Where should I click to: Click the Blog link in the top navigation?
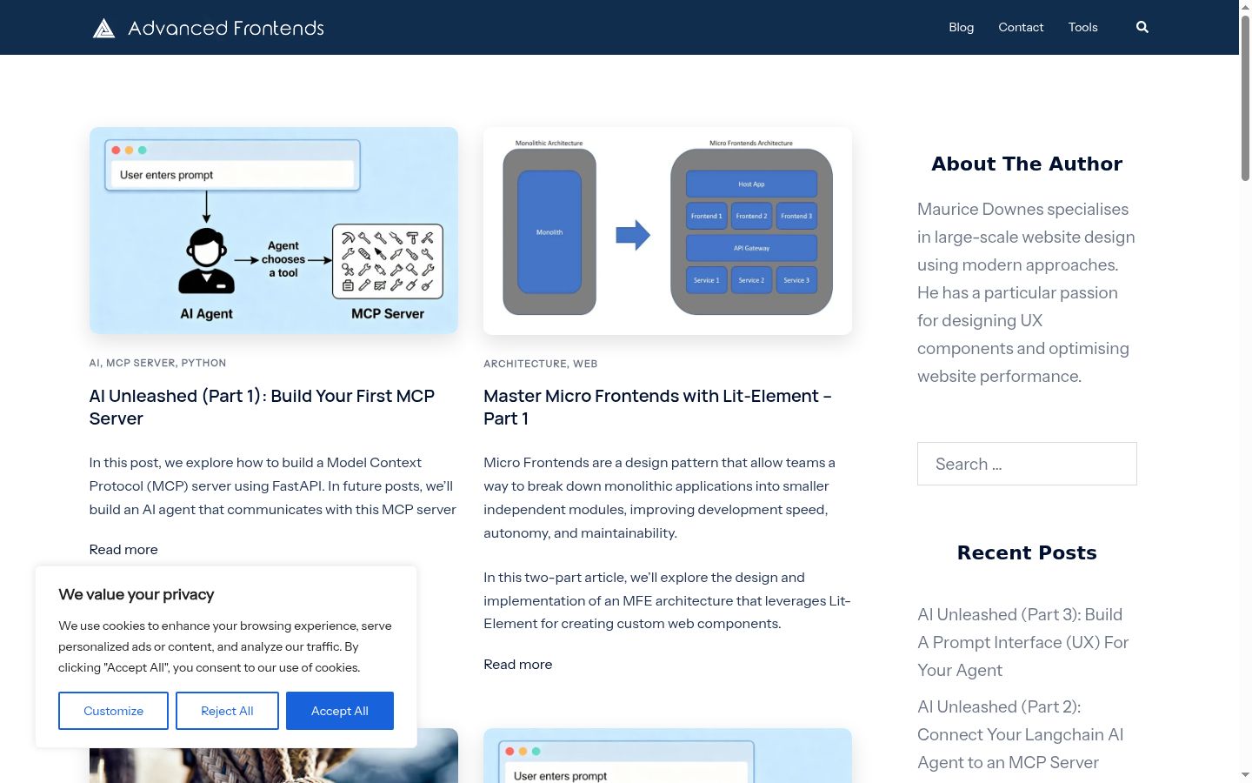pyautogui.click(x=961, y=27)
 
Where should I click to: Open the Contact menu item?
pyautogui.click(x=1021, y=27)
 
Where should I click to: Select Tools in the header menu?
pyautogui.click(x=1082, y=27)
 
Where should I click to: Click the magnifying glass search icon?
pyautogui.click(x=1142, y=27)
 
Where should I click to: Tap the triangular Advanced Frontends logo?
pyautogui.click(x=103, y=28)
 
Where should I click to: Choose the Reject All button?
pyautogui.click(x=227, y=710)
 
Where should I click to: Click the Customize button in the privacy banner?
pyautogui.click(x=113, y=710)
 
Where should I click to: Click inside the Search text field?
pyautogui.click(x=1027, y=464)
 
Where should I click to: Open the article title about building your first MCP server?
pyautogui.click(x=262, y=406)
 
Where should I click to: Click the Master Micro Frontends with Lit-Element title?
pyautogui.click(x=657, y=406)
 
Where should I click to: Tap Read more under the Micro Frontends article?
pyautogui.click(x=517, y=664)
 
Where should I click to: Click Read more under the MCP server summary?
pyautogui.click(x=123, y=549)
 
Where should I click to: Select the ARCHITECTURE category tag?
pyautogui.click(x=525, y=364)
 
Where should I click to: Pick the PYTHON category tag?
pyautogui.click(x=203, y=363)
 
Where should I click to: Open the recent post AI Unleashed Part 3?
pyautogui.click(x=1022, y=642)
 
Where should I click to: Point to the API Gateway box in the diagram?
pyautogui.click(x=751, y=248)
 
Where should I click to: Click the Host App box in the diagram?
pyautogui.click(x=751, y=184)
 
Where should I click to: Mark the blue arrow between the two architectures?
pyautogui.click(x=633, y=234)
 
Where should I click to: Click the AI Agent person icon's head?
pyautogui.click(x=206, y=248)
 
